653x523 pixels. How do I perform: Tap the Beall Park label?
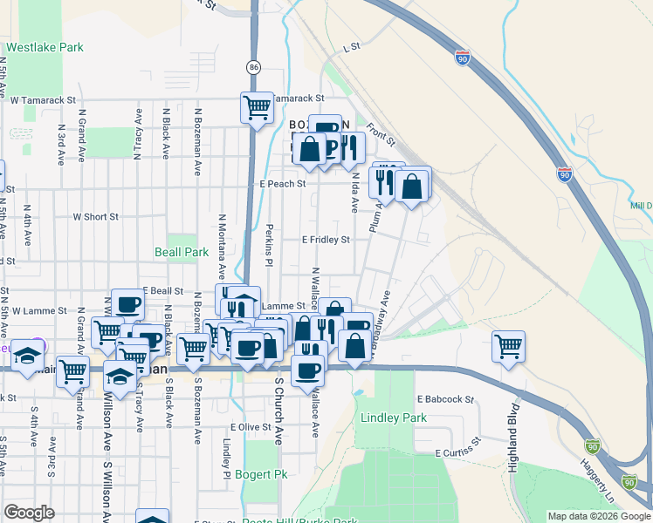click(183, 252)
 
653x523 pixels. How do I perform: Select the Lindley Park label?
click(394, 418)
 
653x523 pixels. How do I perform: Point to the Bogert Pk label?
click(260, 475)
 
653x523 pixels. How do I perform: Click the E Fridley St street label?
click(326, 239)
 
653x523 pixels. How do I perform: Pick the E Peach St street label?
click(283, 184)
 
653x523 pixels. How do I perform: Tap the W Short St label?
click(95, 217)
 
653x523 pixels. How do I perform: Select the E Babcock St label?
click(444, 399)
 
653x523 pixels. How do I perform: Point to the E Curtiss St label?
click(458, 450)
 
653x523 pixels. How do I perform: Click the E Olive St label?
click(251, 427)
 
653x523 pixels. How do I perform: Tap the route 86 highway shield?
click(253, 66)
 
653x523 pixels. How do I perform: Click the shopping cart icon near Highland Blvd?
click(508, 346)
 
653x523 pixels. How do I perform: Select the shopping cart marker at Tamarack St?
click(257, 108)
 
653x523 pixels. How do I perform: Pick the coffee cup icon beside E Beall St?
click(127, 305)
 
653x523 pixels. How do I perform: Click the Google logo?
click(29, 513)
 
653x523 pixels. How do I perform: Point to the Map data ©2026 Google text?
click(598, 516)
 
